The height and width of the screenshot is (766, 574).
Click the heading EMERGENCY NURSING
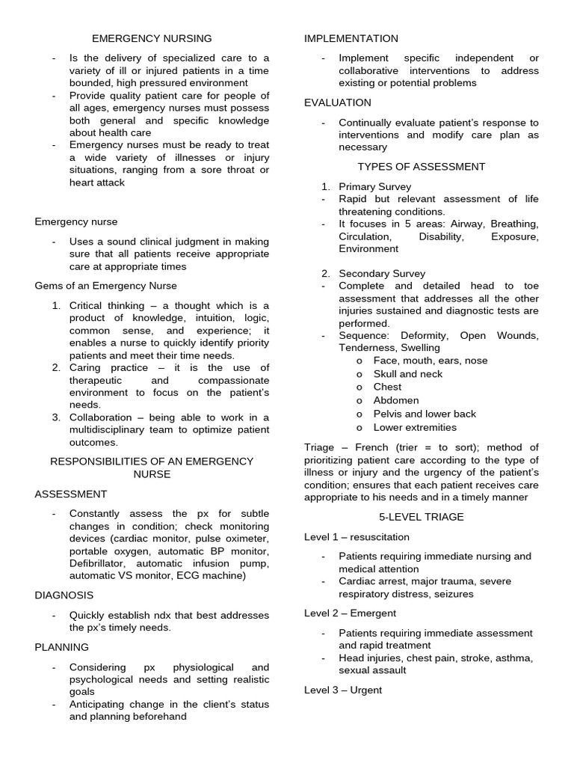(x=152, y=38)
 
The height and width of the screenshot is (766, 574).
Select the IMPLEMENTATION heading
(x=351, y=38)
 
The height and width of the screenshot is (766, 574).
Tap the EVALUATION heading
(x=338, y=102)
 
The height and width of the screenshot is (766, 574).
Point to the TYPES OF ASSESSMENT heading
(x=421, y=167)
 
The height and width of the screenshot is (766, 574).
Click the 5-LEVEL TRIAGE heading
(x=421, y=517)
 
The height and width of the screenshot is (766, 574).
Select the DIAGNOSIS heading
(x=64, y=595)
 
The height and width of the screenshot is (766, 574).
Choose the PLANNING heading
(x=62, y=647)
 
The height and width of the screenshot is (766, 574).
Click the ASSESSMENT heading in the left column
(x=71, y=494)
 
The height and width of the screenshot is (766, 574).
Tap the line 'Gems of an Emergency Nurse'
(x=106, y=286)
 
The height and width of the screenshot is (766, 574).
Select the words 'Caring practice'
(x=108, y=368)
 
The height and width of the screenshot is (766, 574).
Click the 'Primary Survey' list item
(x=374, y=186)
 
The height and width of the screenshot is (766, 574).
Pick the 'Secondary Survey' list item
(x=382, y=274)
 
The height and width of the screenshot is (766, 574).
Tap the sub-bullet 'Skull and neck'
(x=408, y=374)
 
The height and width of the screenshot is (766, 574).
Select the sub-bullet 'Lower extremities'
(x=415, y=427)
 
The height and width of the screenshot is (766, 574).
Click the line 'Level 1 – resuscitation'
(x=357, y=537)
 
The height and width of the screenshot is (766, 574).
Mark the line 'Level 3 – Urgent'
(x=343, y=690)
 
